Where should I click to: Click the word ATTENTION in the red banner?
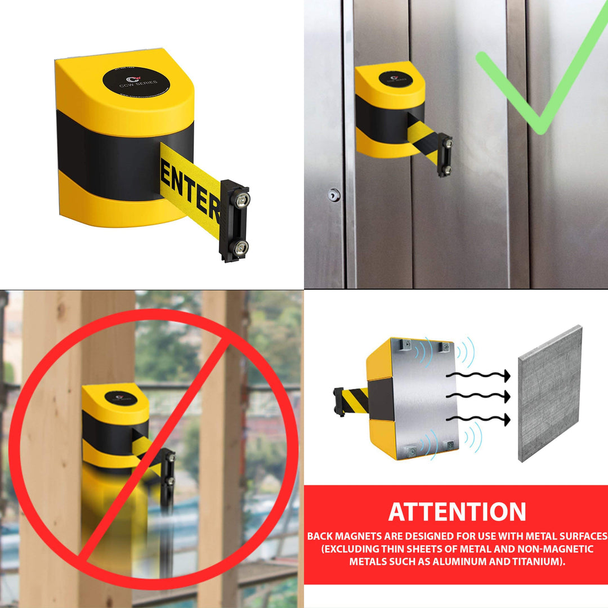(457, 512)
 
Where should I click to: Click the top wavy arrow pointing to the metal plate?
(479, 375)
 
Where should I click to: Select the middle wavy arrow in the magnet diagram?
(479, 396)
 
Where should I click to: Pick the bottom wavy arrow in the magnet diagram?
(479, 419)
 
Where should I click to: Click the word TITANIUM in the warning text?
(540, 561)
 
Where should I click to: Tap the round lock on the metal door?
(334, 195)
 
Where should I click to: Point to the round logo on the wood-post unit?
(120, 398)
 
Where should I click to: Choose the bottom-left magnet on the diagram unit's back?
(410, 451)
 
